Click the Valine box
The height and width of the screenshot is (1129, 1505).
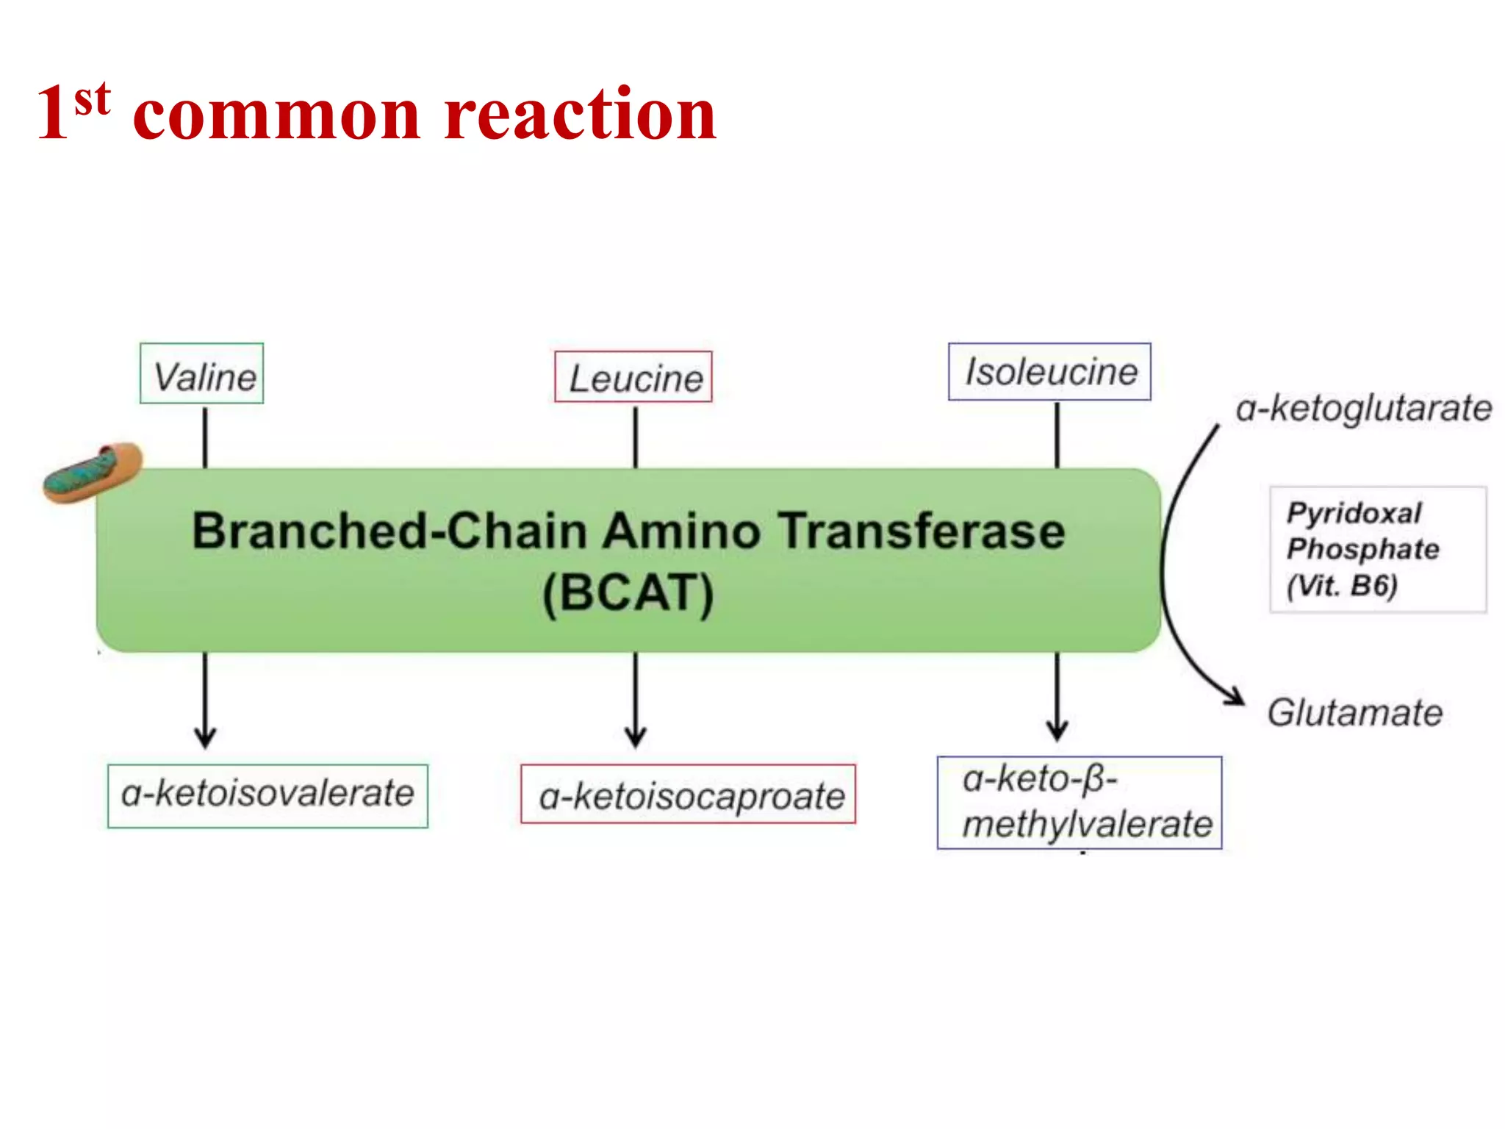(x=202, y=373)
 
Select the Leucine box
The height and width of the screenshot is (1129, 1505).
(x=633, y=377)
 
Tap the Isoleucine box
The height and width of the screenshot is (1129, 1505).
(x=1049, y=371)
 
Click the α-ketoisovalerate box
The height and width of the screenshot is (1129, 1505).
(x=267, y=795)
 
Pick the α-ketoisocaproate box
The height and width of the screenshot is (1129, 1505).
(x=689, y=794)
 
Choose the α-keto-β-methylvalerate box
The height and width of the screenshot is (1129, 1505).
(x=1079, y=802)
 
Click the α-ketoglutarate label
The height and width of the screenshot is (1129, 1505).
(x=1363, y=409)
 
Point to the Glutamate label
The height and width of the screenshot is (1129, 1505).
(x=1354, y=712)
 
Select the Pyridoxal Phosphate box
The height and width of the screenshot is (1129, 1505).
(x=1377, y=549)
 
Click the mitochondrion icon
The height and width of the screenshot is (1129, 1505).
(x=91, y=473)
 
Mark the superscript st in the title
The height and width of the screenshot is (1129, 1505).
(x=93, y=99)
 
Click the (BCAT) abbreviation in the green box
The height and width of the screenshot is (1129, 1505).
(x=628, y=592)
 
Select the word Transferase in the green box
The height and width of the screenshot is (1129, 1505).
(x=922, y=531)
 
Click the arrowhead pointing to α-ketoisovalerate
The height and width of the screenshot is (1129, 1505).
(x=205, y=738)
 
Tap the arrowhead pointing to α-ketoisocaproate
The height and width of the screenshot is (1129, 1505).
(x=636, y=737)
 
